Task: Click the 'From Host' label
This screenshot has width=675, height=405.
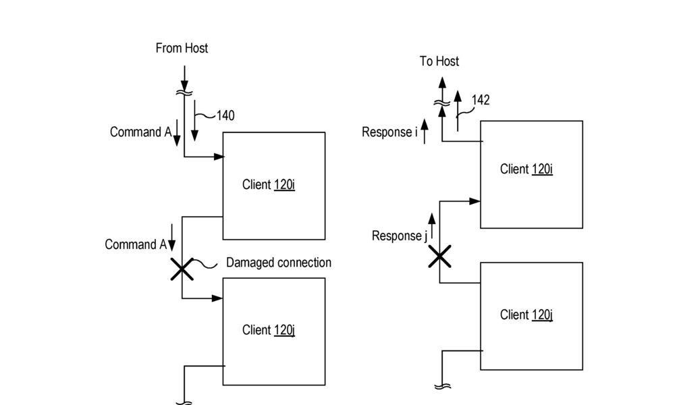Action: tap(182, 48)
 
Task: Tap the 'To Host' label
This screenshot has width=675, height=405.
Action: tap(439, 61)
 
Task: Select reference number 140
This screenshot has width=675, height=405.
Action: tap(225, 115)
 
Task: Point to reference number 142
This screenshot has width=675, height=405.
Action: tap(481, 100)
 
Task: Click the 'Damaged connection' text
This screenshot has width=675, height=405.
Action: tap(279, 263)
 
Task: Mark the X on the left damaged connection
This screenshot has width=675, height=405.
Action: tap(182, 269)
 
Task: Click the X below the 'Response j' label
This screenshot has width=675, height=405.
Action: tap(439, 256)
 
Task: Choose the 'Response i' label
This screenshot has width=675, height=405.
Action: tap(389, 132)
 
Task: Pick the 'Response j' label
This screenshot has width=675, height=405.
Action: tap(400, 236)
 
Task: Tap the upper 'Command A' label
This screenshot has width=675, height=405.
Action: tap(141, 132)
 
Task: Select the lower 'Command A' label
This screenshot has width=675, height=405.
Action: tap(136, 244)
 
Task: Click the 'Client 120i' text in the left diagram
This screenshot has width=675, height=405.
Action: tap(269, 185)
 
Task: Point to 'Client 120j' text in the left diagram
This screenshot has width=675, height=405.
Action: tap(269, 330)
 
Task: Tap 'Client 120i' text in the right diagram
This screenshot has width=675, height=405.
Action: tap(526, 169)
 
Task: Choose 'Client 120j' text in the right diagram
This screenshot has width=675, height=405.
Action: tap(526, 315)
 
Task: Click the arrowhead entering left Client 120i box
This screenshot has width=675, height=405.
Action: tap(219, 157)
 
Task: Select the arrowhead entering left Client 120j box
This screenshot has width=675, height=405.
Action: tap(217, 298)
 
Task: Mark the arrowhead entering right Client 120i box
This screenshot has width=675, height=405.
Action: tap(475, 201)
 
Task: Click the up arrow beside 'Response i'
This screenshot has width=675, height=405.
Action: tap(425, 131)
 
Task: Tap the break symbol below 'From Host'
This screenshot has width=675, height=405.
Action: tap(184, 92)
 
